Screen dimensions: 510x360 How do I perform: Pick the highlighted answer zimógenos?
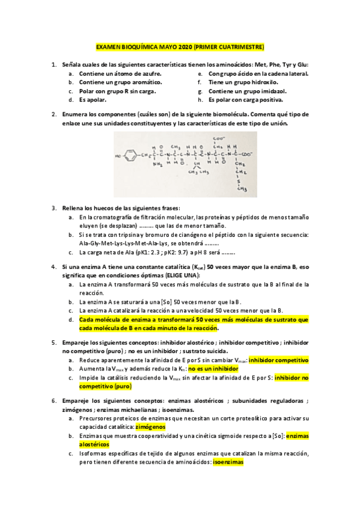[x=150, y=426]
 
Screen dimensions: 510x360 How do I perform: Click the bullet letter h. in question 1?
[x=200, y=100]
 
